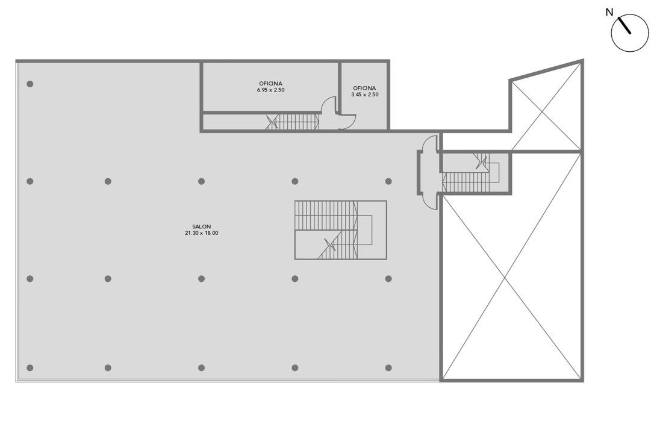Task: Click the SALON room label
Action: point(202,226)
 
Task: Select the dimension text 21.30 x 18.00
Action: point(202,233)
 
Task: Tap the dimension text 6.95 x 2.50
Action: point(270,90)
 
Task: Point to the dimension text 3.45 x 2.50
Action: point(364,95)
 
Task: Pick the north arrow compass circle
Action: point(630,33)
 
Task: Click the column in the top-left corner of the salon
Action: point(30,84)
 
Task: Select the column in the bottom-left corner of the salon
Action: point(30,367)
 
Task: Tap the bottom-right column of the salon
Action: point(388,367)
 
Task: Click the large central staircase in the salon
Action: point(340,230)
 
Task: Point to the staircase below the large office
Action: point(293,122)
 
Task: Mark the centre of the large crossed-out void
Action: point(505,278)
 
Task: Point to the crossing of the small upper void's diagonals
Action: point(542,111)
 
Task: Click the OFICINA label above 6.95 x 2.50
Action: point(270,84)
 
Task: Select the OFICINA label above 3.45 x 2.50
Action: point(364,88)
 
